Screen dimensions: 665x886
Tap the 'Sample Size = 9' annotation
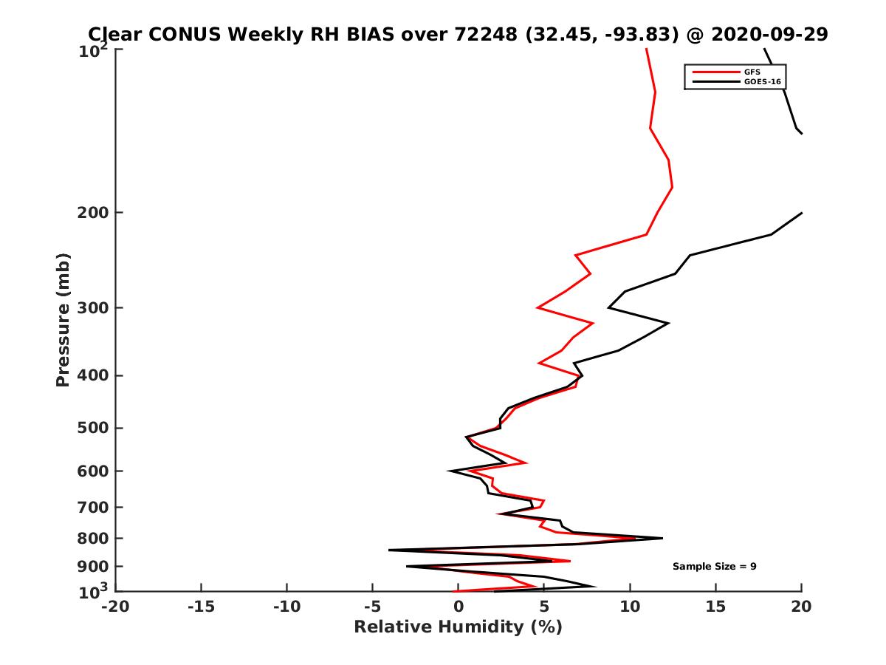point(714,567)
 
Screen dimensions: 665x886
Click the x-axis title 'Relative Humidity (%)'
point(458,627)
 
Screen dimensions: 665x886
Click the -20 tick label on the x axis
point(115,607)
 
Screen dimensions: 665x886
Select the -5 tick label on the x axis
point(372,607)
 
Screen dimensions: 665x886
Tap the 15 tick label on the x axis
point(715,607)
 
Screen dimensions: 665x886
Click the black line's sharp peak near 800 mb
point(662,538)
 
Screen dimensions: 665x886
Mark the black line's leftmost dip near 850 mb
point(389,550)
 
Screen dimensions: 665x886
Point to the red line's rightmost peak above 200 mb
point(672,187)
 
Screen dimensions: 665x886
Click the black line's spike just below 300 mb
point(668,324)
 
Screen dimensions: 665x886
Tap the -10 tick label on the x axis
point(286,607)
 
